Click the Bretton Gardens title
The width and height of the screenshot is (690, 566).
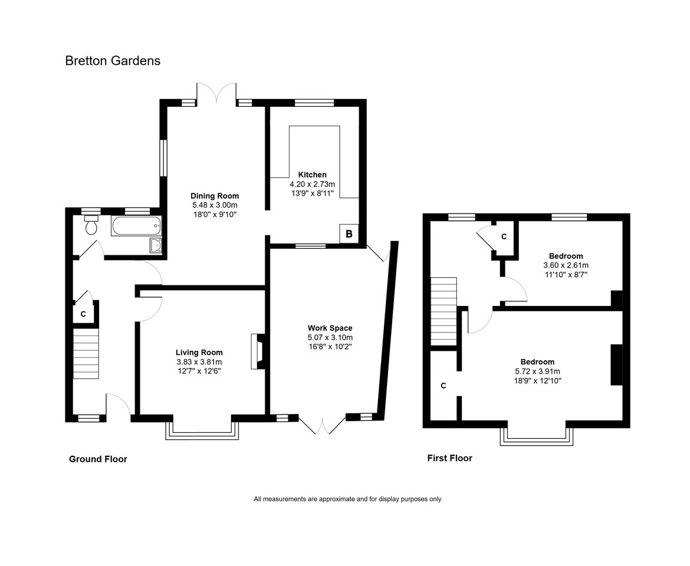(113, 61)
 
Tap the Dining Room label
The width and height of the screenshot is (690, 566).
(215, 196)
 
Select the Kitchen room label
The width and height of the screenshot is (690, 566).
(312, 175)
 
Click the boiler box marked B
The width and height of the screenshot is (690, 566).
(349, 234)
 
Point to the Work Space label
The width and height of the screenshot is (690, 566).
(330, 328)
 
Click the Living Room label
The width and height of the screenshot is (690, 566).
(199, 353)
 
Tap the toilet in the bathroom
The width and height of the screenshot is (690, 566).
(91, 225)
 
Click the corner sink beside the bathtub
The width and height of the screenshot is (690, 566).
(156, 246)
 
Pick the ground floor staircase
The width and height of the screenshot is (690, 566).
(86, 354)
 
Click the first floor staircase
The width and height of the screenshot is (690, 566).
(443, 311)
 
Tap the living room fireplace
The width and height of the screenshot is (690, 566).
(258, 351)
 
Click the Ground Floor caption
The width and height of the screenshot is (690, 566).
(98, 459)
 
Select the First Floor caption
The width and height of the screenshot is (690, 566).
(449, 458)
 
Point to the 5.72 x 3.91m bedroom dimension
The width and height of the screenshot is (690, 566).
(537, 371)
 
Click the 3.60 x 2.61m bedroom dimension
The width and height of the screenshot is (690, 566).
(566, 265)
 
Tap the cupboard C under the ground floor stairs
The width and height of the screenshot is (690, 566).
(83, 314)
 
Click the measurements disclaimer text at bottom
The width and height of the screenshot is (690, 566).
(347, 499)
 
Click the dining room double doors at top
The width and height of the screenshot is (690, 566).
(216, 93)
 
